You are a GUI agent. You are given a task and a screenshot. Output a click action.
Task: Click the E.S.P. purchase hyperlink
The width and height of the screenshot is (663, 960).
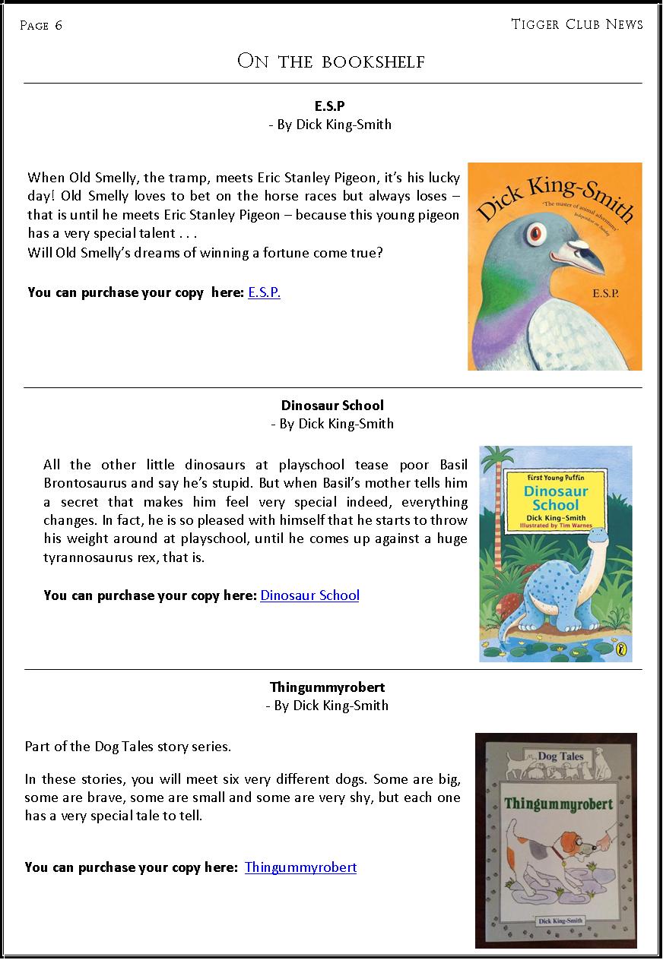(264, 292)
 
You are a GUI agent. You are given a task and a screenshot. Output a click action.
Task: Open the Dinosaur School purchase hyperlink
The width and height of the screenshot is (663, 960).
(309, 595)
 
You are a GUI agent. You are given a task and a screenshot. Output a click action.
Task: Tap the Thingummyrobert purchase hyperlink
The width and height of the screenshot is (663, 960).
(300, 867)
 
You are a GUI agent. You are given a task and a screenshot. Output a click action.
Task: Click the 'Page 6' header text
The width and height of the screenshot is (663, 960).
(41, 26)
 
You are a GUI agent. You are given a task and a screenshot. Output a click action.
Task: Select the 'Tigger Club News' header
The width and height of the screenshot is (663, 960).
(576, 24)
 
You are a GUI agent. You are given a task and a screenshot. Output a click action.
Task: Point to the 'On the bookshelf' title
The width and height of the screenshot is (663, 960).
(331, 62)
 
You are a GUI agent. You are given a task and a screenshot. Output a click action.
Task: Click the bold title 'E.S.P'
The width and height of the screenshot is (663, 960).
(330, 106)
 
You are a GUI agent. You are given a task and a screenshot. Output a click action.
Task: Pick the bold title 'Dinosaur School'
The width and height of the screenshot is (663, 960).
(332, 406)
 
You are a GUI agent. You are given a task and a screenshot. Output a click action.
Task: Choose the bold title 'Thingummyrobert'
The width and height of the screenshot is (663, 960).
(327, 687)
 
